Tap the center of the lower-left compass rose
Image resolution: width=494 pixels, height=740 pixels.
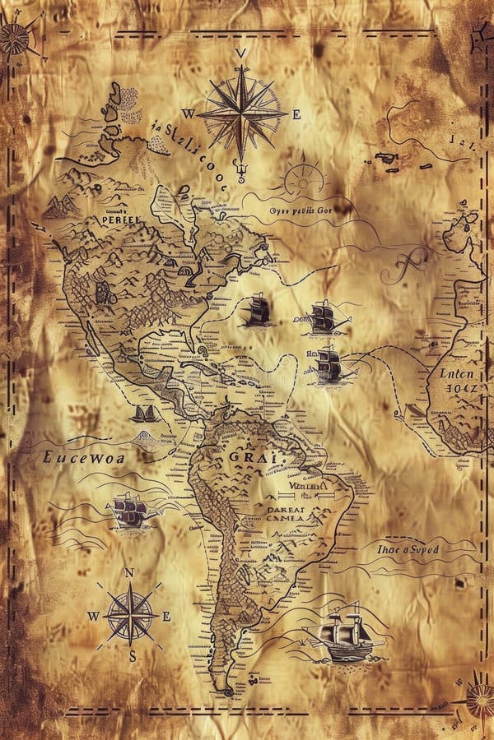click(130, 614)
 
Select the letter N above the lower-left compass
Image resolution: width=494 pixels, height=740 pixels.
click(128, 572)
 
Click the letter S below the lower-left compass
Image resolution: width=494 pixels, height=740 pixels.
click(132, 655)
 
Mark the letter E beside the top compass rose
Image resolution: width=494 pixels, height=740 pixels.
click(296, 115)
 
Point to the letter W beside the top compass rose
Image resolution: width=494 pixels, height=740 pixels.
click(189, 114)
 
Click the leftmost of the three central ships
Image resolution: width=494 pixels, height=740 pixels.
click(258, 312)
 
